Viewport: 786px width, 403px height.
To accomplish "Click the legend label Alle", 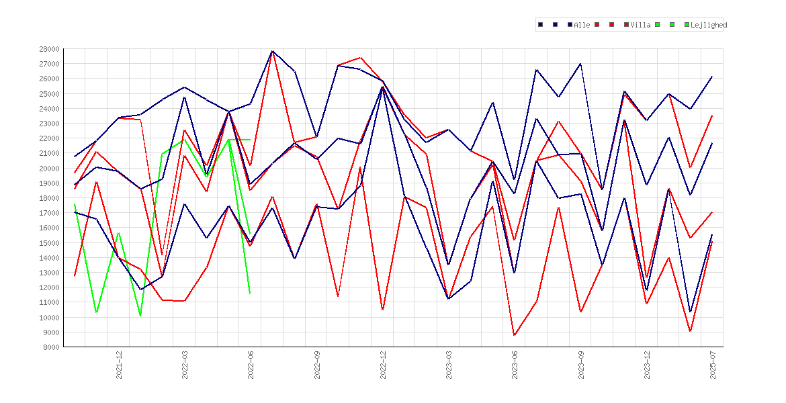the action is [x=582, y=25].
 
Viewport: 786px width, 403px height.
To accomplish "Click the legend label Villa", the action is [x=641, y=25].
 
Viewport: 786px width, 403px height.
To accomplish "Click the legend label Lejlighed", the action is [x=709, y=25].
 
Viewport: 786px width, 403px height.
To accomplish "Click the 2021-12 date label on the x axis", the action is [x=120, y=365].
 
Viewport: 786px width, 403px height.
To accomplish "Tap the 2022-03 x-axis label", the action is [x=185, y=365].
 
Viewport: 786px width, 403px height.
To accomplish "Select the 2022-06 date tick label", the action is [x=251, y=365].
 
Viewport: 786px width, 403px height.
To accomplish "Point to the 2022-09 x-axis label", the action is [x=317, y=365].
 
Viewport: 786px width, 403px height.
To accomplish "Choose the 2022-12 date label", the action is [x=384, y=365].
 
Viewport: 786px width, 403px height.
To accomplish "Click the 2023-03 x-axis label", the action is [x=449, y=365].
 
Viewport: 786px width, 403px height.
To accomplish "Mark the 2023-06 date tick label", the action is [x=515, y=365].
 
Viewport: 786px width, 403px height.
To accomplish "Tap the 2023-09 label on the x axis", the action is [x=582, y=365].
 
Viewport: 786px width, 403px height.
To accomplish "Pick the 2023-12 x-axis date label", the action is [x=648, y=365].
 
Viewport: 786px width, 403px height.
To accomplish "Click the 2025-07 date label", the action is [x=713, y=365].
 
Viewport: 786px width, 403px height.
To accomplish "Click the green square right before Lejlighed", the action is [x=687, y=25].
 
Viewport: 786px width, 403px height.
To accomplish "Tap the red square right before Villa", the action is [x=627, y=25].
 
